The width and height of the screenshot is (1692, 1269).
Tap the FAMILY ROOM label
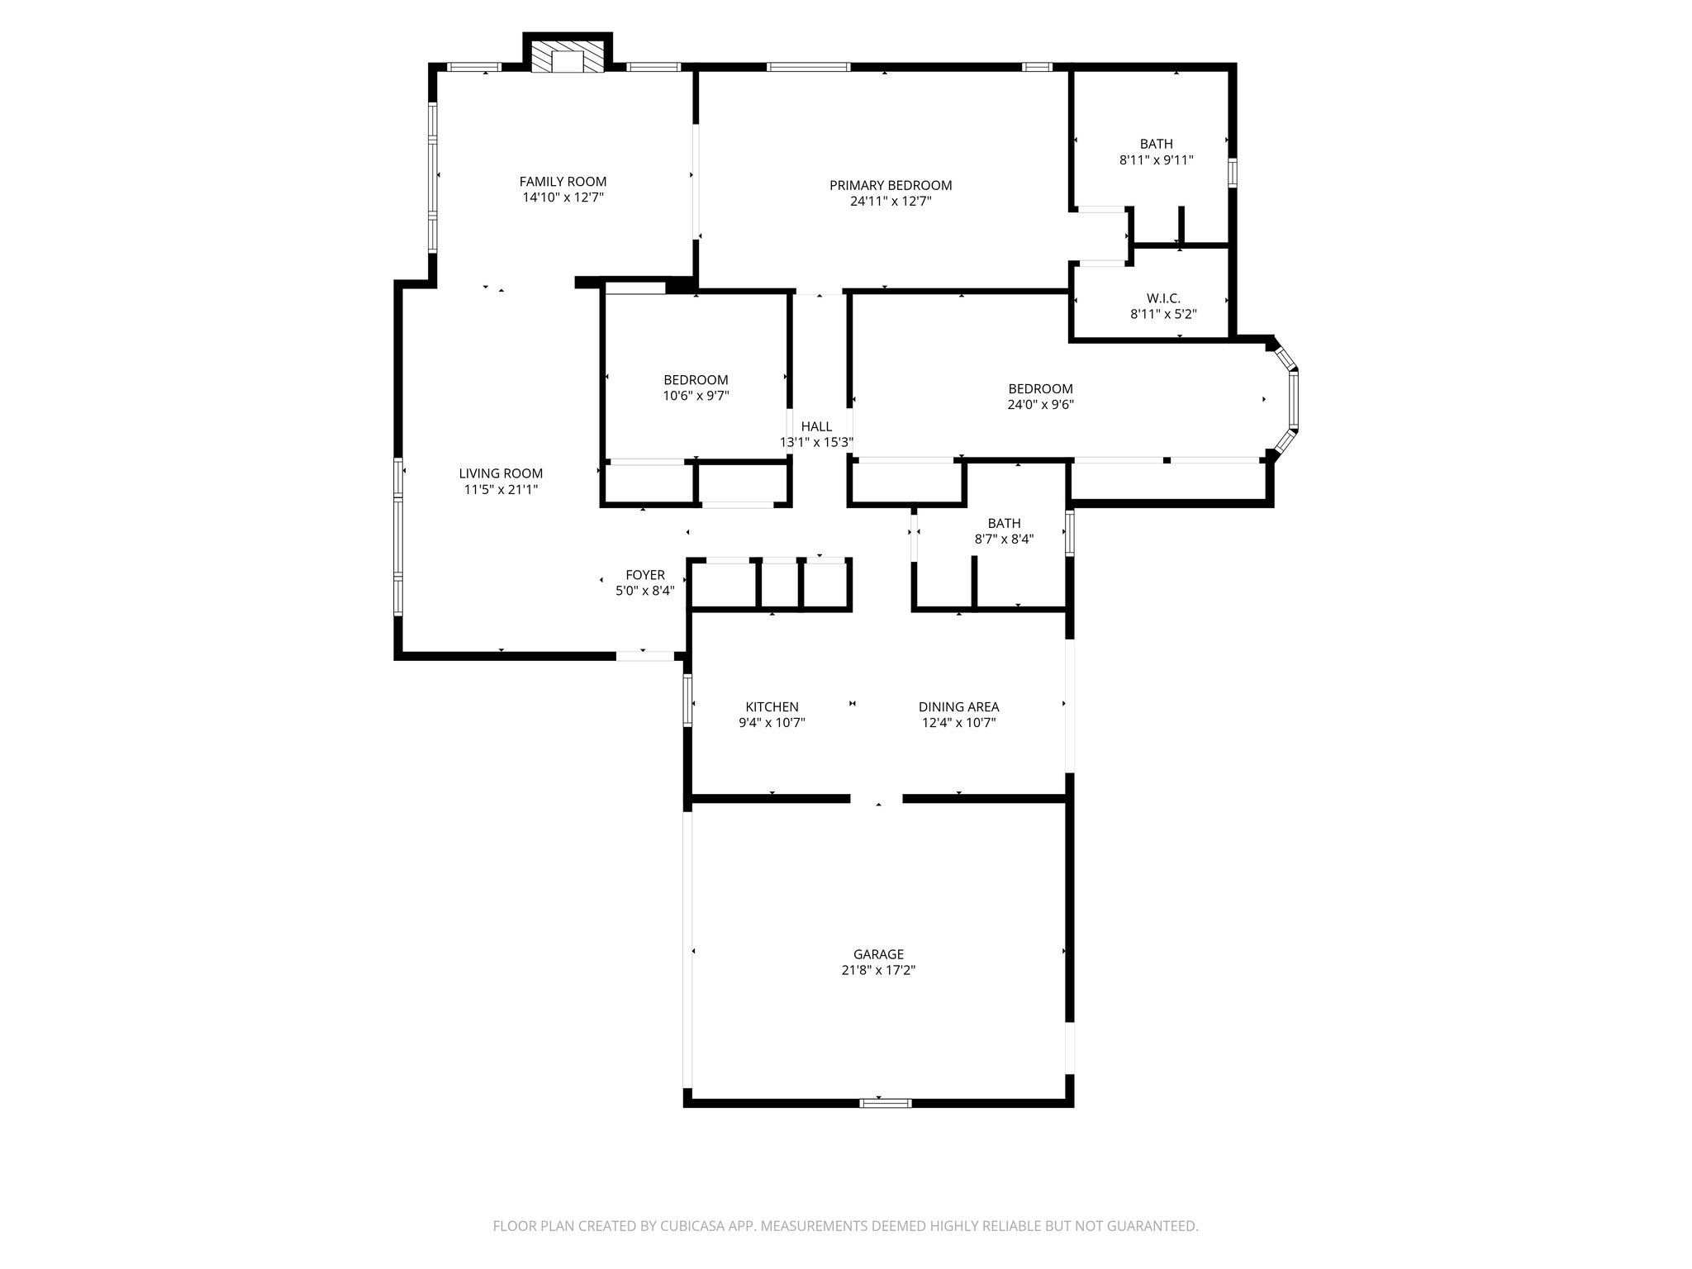click(x=563, y=182)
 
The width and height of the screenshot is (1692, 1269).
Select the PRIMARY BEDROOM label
click(x=891, y=185)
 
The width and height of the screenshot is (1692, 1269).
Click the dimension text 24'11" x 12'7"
click(x=891, y=201)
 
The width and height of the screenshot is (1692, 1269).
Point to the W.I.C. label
click(x=1163, y=298)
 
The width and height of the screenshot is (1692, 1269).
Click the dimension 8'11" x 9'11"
click(x=1156, y=160)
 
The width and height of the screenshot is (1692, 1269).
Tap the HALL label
click(x=816, y=426)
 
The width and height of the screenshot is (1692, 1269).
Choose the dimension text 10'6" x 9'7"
click(x=696, y=396)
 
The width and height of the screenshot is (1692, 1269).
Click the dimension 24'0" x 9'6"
click(x=1040, y=405)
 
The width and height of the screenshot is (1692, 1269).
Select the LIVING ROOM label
click(x=501, y=473)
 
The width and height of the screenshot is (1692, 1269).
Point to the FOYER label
click(x=645, y=575)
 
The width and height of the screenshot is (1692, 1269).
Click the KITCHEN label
click(x=772, y=707)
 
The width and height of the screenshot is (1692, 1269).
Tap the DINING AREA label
click(x=958, y=707)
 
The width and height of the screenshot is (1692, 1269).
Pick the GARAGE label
click(x=878, y=954)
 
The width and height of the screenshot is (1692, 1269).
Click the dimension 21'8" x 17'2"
click(x=878, y=970)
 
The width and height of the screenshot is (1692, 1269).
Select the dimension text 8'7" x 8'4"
click(x=1004, y=539)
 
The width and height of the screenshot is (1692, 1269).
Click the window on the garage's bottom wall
click(x=885, y=1102)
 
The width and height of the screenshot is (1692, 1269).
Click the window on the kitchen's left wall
click(x=687, y=701)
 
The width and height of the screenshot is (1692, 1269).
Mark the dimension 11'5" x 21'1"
click(x=501, y=489)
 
